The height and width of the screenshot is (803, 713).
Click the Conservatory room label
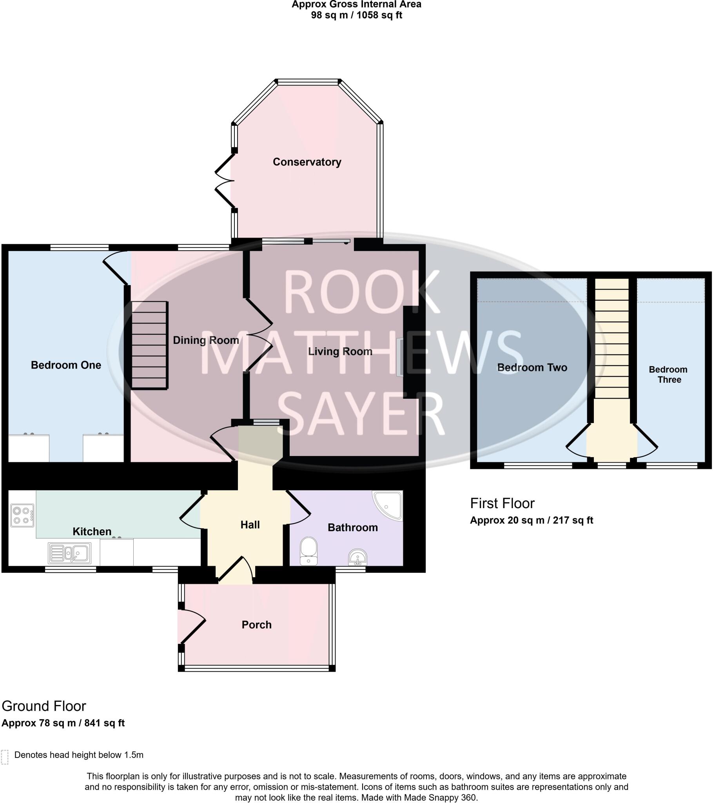[307, 162]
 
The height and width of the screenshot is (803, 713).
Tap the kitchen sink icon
[70, 553]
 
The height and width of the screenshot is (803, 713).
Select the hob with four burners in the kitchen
[22, 516]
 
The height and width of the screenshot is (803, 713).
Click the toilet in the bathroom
[308, 551]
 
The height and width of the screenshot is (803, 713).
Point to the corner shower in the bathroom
[388, 505]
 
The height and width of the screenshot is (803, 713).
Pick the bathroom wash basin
[357, 557]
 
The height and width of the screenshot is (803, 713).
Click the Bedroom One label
[66, 365]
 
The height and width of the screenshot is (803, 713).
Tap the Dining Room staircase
[149, 345]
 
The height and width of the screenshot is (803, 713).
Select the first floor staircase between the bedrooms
[611, 338]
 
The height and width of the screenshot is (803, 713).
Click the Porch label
[256, 625]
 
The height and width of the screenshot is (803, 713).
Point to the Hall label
[250, 525]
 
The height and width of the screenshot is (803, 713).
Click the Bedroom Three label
[668, 374]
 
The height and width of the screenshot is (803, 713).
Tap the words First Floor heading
[502, 503]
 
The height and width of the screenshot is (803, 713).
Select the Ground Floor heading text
[44, 706]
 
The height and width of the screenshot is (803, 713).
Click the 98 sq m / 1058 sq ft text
[356, 15]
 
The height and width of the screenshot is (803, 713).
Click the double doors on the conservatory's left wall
[225, 181]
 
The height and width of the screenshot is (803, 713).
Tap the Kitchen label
[92, 532]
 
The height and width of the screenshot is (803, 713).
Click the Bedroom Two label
[532, 367]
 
